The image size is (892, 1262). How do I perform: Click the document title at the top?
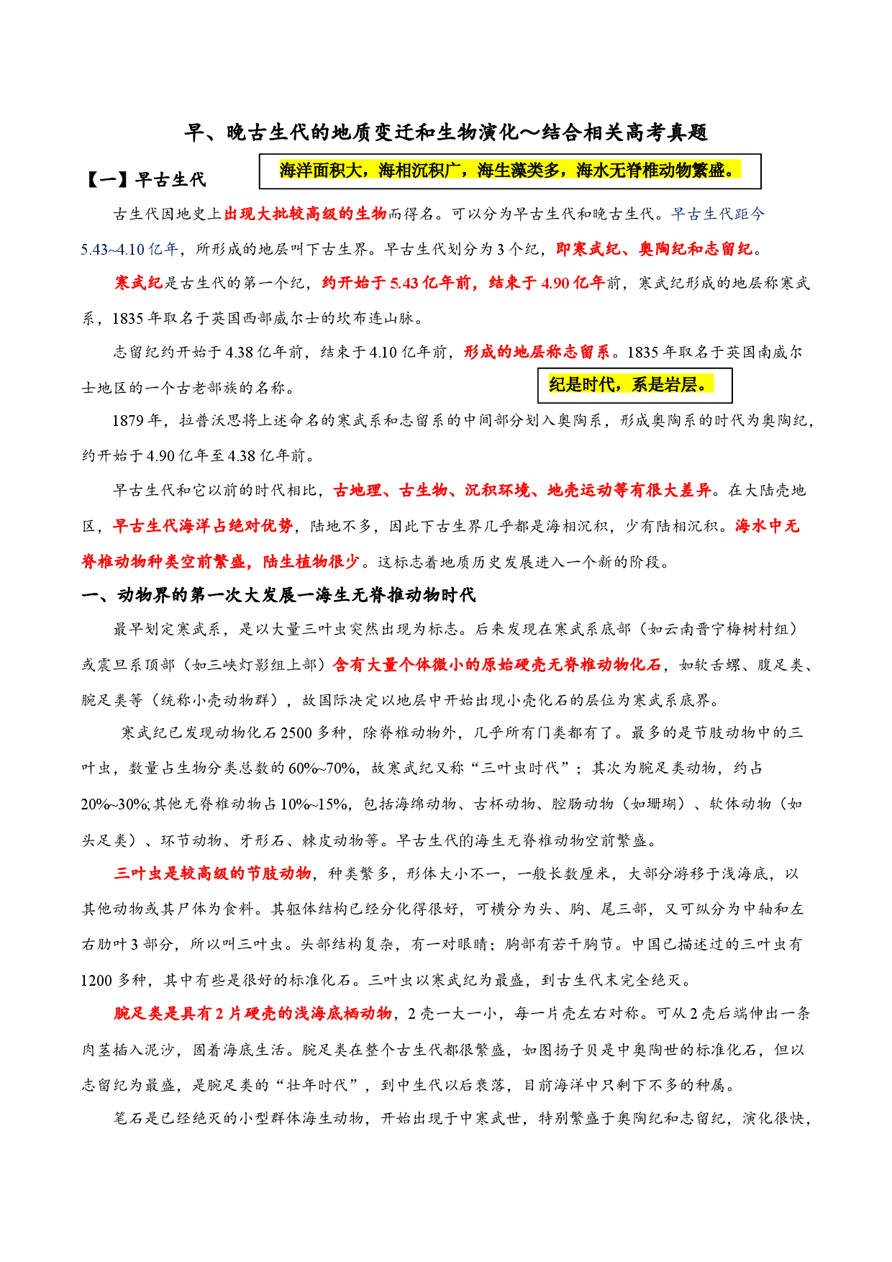point(446,132)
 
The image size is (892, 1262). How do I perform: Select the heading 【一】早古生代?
point(145,179)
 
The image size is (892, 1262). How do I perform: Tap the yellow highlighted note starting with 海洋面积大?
point(509,171)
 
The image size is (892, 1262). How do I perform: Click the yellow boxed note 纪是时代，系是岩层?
point(631,385)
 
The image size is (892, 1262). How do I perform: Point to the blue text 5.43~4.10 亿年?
point(129,249)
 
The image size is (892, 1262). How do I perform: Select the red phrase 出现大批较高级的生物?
point(305,214)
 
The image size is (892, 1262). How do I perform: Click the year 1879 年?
point(137,420)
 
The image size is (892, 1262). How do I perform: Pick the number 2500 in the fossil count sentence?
point(296,733)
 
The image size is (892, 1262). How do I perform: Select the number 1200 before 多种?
point(97,981)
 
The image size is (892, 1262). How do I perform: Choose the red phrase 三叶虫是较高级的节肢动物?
point(212,873)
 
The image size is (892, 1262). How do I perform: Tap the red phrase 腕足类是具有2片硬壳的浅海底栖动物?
point(252,1014)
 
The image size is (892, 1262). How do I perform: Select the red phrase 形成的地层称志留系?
point(537,352)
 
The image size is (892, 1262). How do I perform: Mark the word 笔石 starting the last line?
point(129,1119)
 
